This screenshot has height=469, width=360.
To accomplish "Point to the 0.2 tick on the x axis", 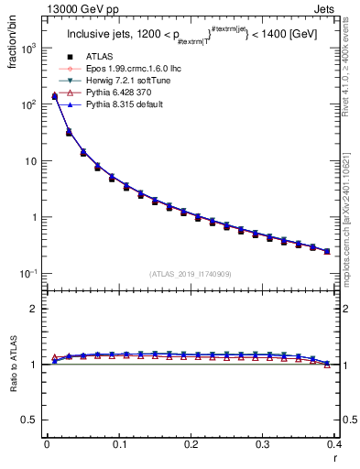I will point(191,443).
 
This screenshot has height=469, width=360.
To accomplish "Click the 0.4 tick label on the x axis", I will point(334,443).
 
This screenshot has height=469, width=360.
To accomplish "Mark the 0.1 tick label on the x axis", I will point(119,443).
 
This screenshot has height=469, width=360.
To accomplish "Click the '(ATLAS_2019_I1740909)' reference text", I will point(190,273).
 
